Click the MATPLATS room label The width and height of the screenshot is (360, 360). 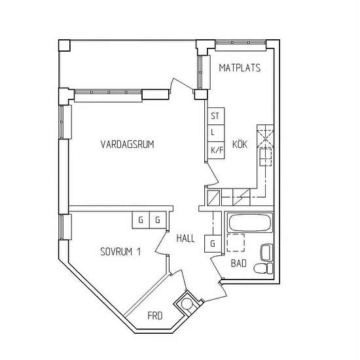(240, 67)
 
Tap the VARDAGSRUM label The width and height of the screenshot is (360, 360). (127, 144)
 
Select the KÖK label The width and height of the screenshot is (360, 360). (240, 144)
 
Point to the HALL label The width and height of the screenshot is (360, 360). (185, 238)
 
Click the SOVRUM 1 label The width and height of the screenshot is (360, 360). (120, 251)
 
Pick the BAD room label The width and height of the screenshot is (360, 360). (238, 263)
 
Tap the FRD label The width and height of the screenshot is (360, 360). (155, 315)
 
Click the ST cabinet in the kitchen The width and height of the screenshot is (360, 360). (216, 116)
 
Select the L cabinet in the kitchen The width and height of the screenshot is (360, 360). (216, 133)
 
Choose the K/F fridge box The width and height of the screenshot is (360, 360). (216, 150)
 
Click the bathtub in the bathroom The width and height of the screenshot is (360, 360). (250, 223)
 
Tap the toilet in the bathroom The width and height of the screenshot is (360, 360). (263, 268)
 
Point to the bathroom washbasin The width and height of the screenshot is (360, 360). (266, 253)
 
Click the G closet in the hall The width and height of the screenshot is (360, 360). (213, 243)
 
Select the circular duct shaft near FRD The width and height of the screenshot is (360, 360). (187, 304)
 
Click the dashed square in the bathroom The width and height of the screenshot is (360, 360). (236, 243)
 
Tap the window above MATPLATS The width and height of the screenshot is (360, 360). (240, 43)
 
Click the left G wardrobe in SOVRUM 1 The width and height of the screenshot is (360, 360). (141, 220)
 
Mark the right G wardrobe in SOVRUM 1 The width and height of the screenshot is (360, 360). (158, 220)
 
